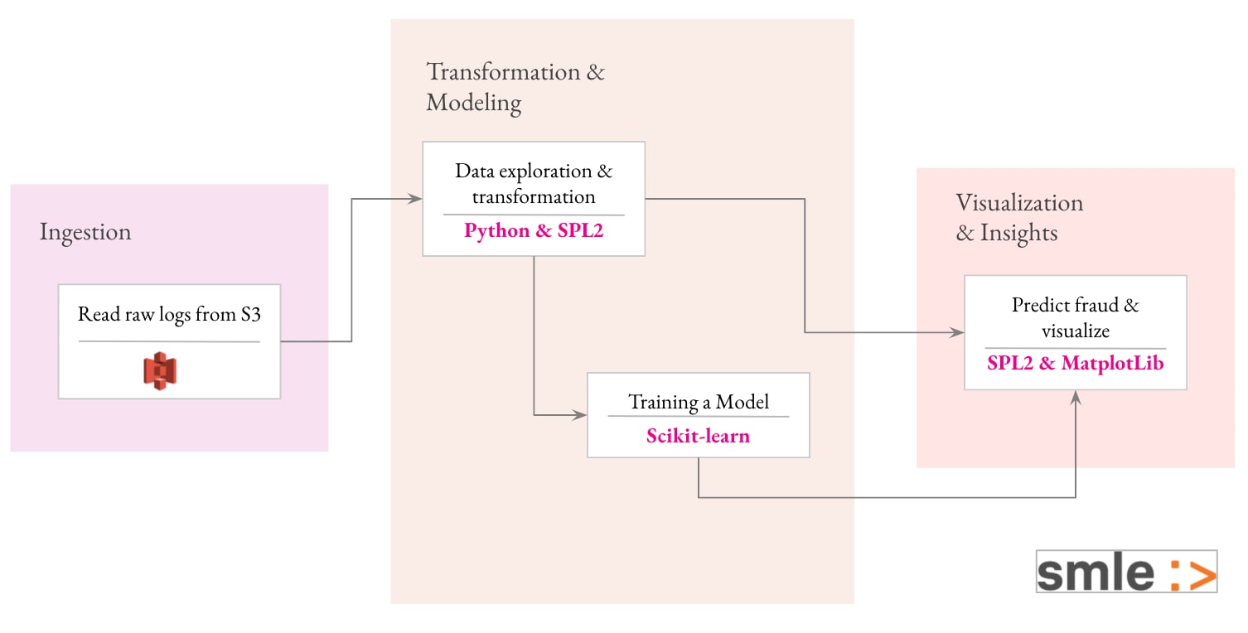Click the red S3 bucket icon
click(160, 370)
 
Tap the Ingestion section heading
click(85, 232)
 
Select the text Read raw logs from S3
click(169, 314)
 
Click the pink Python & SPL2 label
click(534, 230)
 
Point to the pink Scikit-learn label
click(698, 435)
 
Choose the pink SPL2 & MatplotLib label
click(1076, 363)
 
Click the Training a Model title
click(699, 402)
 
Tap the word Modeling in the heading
click(474, 103)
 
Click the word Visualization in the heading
click(1019, 203)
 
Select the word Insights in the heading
click(1019, 233)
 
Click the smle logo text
click(1096, 573)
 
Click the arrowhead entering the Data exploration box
click(415, 198)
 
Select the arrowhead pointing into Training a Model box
click(579, 414)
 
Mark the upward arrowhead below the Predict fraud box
click(1076, 398)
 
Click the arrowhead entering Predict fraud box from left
click(957, 332)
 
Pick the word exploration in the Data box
click(545, 171)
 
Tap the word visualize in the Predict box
click(1076, 331)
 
